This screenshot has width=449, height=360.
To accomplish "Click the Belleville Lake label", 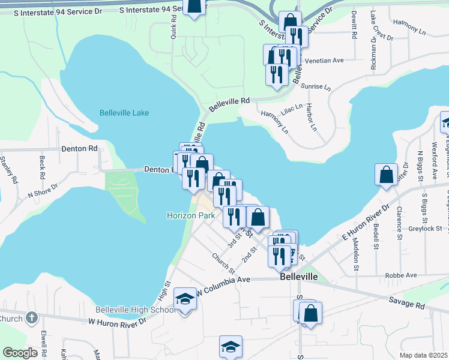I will (x=124, y=113).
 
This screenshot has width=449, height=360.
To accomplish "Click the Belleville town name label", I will (x=298, y=278).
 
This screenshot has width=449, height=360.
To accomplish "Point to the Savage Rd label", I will (x=406, y=302).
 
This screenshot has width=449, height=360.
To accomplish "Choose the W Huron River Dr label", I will (x=117, y=322).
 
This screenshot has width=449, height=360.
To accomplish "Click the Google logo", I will (x=20, y=353).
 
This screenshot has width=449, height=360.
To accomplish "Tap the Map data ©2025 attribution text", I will (x=423, y=355).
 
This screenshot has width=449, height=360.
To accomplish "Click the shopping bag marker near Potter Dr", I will (x=387, y=175).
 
